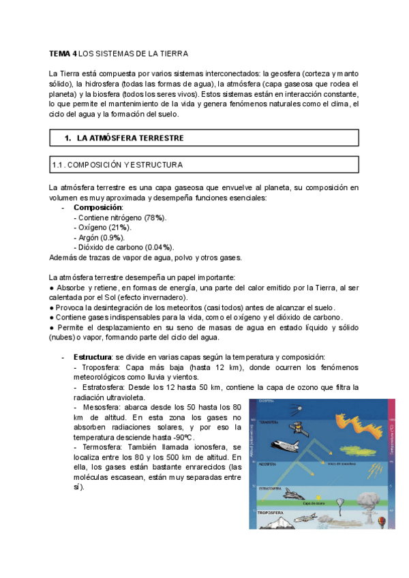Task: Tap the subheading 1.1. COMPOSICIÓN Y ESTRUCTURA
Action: coord(117,165)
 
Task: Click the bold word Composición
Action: coord(98,207)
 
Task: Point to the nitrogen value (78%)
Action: coord(155,217)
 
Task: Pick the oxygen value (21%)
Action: coord(121,227)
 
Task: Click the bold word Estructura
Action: coord(93,357)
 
